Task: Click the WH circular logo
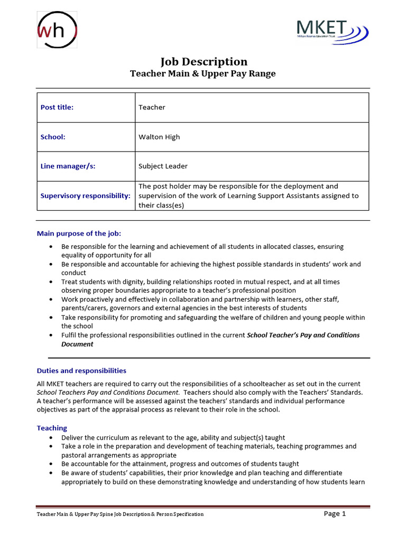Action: pos(57,31)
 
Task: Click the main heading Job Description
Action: pos(203,61)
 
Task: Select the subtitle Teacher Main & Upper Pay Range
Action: pos(203,74)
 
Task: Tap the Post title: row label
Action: pos(57,107)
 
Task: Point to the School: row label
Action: pos(53,137)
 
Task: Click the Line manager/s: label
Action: pos(68,166)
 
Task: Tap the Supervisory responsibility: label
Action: pos(86,195)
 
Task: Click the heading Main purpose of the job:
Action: pos(82,233)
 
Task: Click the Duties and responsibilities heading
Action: pos(81,371)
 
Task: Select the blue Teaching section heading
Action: pos(52,428)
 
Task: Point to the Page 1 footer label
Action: pos(335,514)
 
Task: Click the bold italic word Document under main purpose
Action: pos(77,344)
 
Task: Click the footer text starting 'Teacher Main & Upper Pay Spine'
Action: pos(119,514)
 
